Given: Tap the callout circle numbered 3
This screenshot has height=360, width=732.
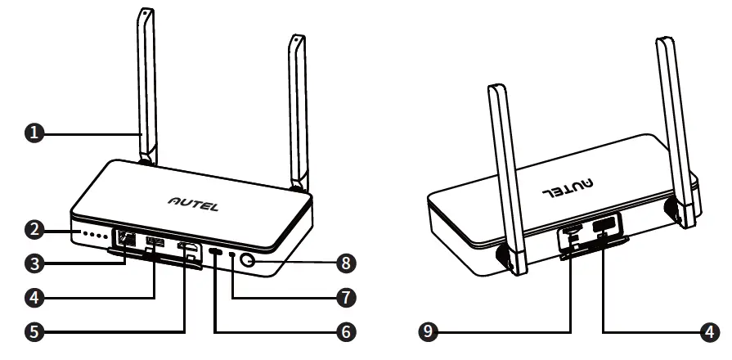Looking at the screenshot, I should [x=34, y=263].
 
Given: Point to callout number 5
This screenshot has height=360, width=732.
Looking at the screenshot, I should [x=34, y=331].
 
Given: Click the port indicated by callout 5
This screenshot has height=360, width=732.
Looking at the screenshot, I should [x=188, y=249].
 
